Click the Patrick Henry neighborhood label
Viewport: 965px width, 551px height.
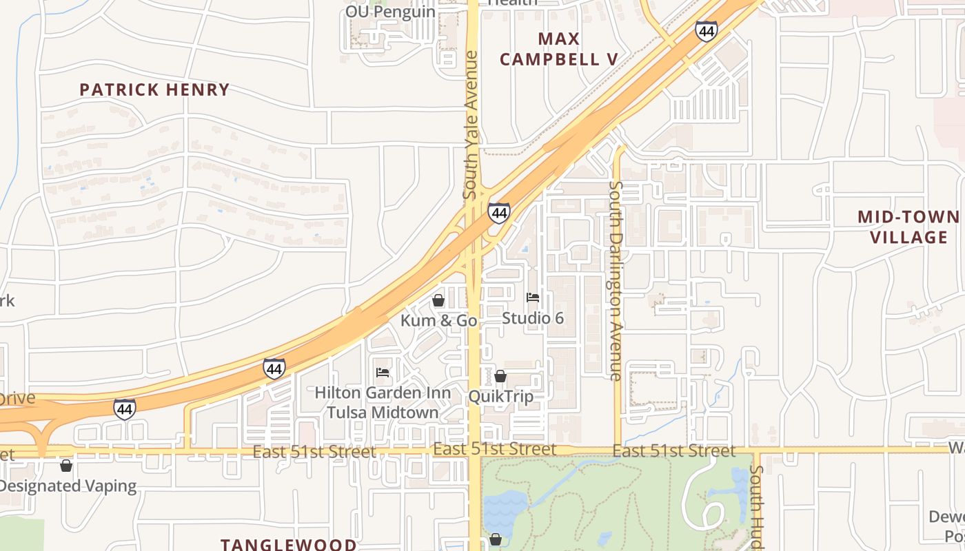pyautogui.click(x=154, y=90)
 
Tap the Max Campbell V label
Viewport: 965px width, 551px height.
pyautogui.click(x=558, y=49)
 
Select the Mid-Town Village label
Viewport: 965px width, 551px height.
pyautogui.click(x=908, y=227)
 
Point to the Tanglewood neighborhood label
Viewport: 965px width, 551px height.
pyautogui.click(x=289, y=544)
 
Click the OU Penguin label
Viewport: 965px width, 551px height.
pyautogui.click(x=390, y=12)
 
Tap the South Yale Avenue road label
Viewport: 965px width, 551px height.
pyautogui.click(x=471, y=125)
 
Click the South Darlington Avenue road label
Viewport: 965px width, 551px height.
pyautogui.click(x=616, y=280)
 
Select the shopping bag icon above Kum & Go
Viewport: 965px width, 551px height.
pyautogui.click(x=438, y=301)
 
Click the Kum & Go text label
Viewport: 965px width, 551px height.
pyautogui.click(x=439, y=320)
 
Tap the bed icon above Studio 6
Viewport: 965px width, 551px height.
pyautogui.click(x=533, y=298)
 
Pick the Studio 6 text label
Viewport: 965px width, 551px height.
pyautogui.click(x=533, y=318)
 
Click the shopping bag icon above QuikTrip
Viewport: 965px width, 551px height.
pyautogui.click(x=500, y=376)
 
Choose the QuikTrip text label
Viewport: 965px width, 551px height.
pyautogui.click(x=501, y=396)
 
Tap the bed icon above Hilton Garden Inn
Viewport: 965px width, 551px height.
pyautogui.click(x=383, y=373)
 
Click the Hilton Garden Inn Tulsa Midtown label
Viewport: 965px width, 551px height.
pyautogui.click(x=383, y=402)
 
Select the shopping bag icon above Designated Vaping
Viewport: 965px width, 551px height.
pyautogui.click(x=66, y=466)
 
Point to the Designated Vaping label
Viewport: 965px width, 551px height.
pyautogui.click(x=68, y=486)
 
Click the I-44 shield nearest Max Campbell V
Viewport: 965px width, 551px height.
pyautogui.click(x=706, y=31)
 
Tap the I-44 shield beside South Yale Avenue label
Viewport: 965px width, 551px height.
pyautogui.click(x=499, y=213)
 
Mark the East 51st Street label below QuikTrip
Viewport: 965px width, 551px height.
pyautogui.click(x=494, y=449)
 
